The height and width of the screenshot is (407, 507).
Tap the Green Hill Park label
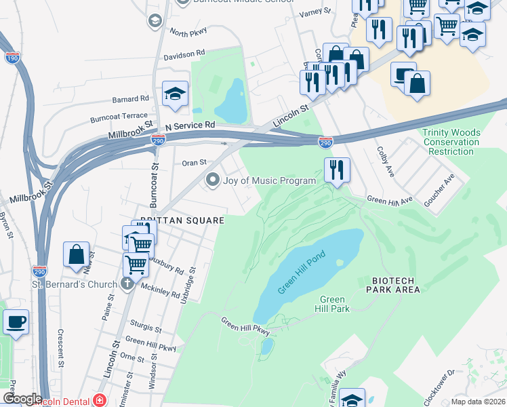point(333,304)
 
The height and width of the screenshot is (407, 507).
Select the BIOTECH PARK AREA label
point(396,285)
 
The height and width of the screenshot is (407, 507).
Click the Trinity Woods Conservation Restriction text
point(450,142)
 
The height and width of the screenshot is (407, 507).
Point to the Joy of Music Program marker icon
point(213,180)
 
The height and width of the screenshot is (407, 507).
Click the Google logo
point(22,399)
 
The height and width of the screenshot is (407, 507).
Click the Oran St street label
point(194,163)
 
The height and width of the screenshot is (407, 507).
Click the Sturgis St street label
point(148,328)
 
